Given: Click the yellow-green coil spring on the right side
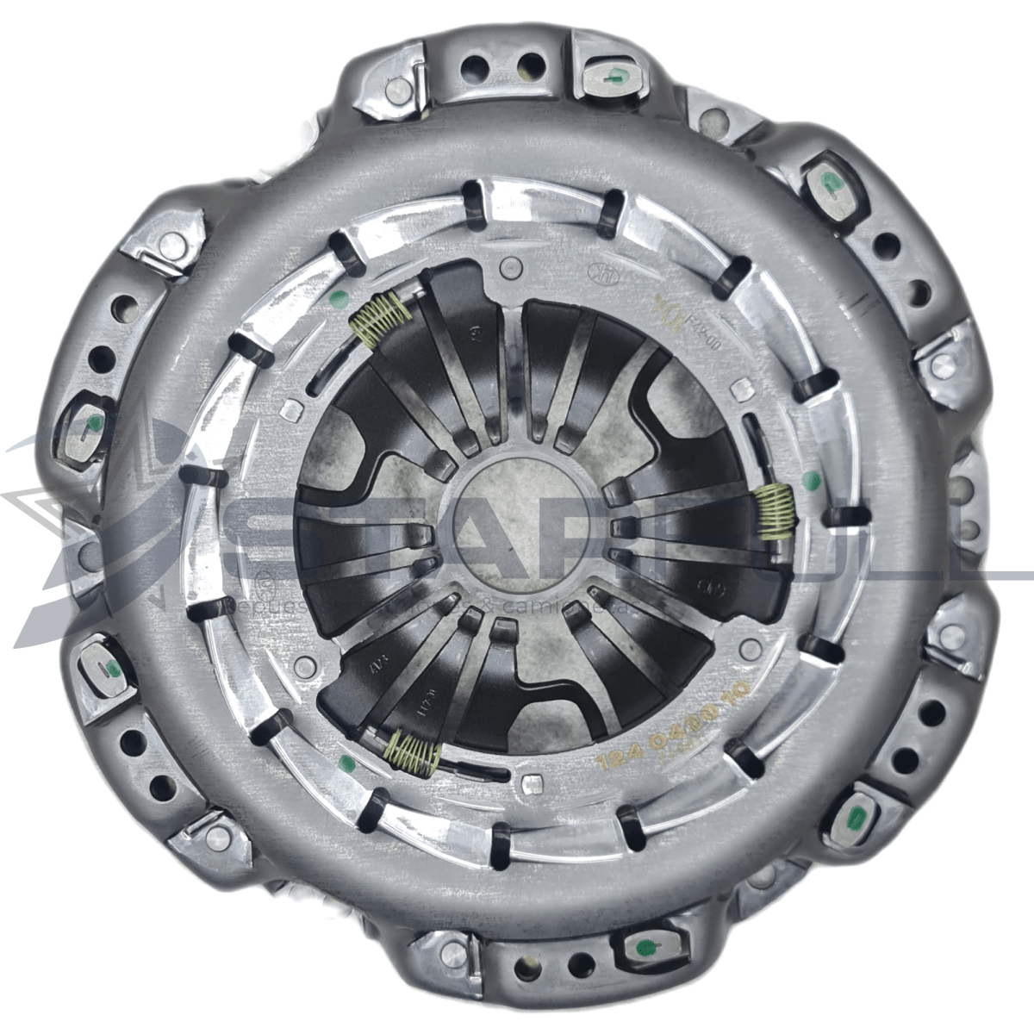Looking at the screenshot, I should point(774,512).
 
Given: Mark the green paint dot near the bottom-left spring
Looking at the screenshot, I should point(347,762).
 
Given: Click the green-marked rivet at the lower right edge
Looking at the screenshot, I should point(858,816).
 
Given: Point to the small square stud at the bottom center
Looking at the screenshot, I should point(533,784).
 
